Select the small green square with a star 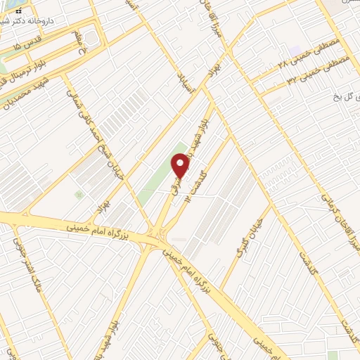[x=79, y=193]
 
